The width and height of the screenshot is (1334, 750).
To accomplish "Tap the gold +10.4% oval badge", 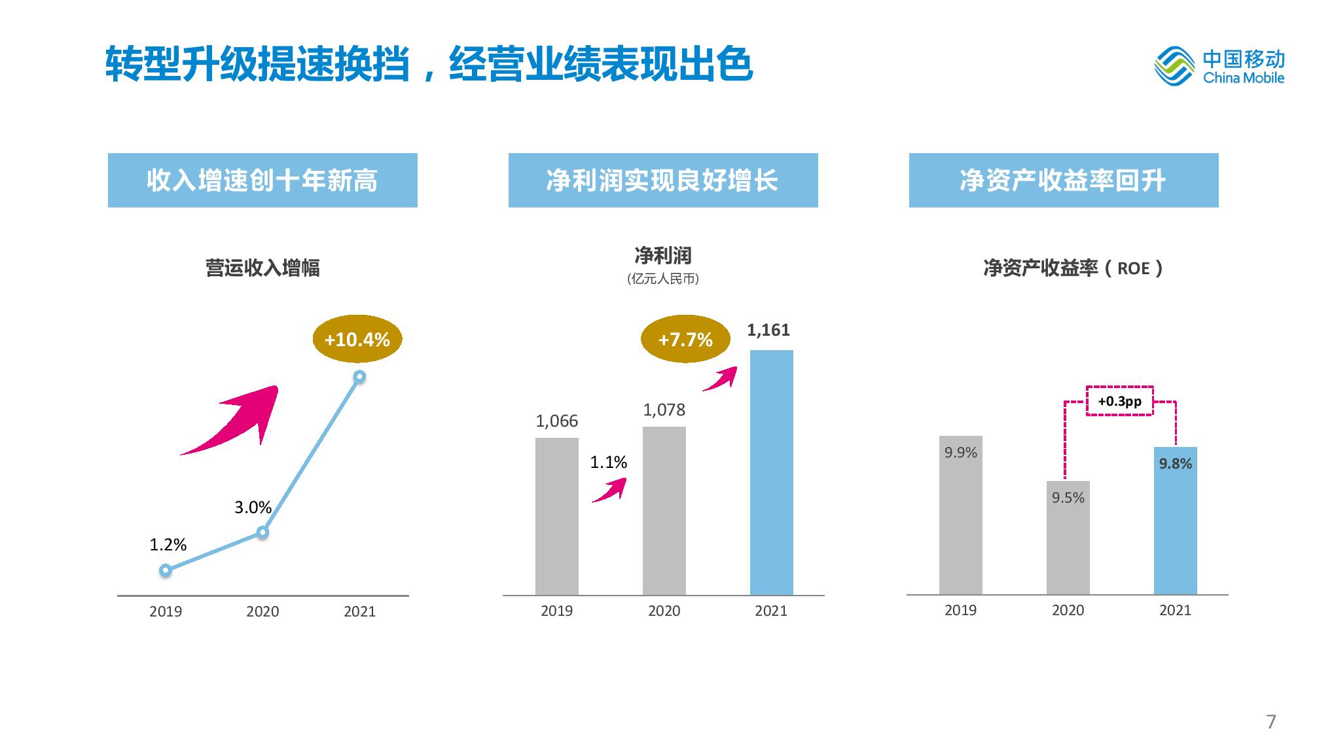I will [357, 339].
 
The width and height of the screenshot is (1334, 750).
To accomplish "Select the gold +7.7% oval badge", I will [685, 339].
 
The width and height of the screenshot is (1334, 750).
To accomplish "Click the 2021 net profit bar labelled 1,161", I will [771, 471].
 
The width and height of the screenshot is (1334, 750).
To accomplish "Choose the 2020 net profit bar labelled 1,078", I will [664, 510].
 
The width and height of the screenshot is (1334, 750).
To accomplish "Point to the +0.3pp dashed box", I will [1119, 401].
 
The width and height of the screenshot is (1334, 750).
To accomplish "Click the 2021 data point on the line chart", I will [359, 377].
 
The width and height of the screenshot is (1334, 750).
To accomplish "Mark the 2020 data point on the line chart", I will [262, 533].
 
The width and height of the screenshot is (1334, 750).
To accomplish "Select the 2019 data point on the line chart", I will [166, 571].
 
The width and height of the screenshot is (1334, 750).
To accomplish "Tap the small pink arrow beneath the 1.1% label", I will [610, 490].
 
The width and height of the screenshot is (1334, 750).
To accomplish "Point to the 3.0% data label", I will [253, 507].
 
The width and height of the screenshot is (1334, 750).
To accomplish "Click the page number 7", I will [1271, 722].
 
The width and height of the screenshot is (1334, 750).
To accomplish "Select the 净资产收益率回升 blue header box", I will [1063, 181].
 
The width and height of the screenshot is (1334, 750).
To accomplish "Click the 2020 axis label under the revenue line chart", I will [262, 611].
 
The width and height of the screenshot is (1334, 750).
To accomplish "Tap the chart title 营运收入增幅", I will [262, 268].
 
